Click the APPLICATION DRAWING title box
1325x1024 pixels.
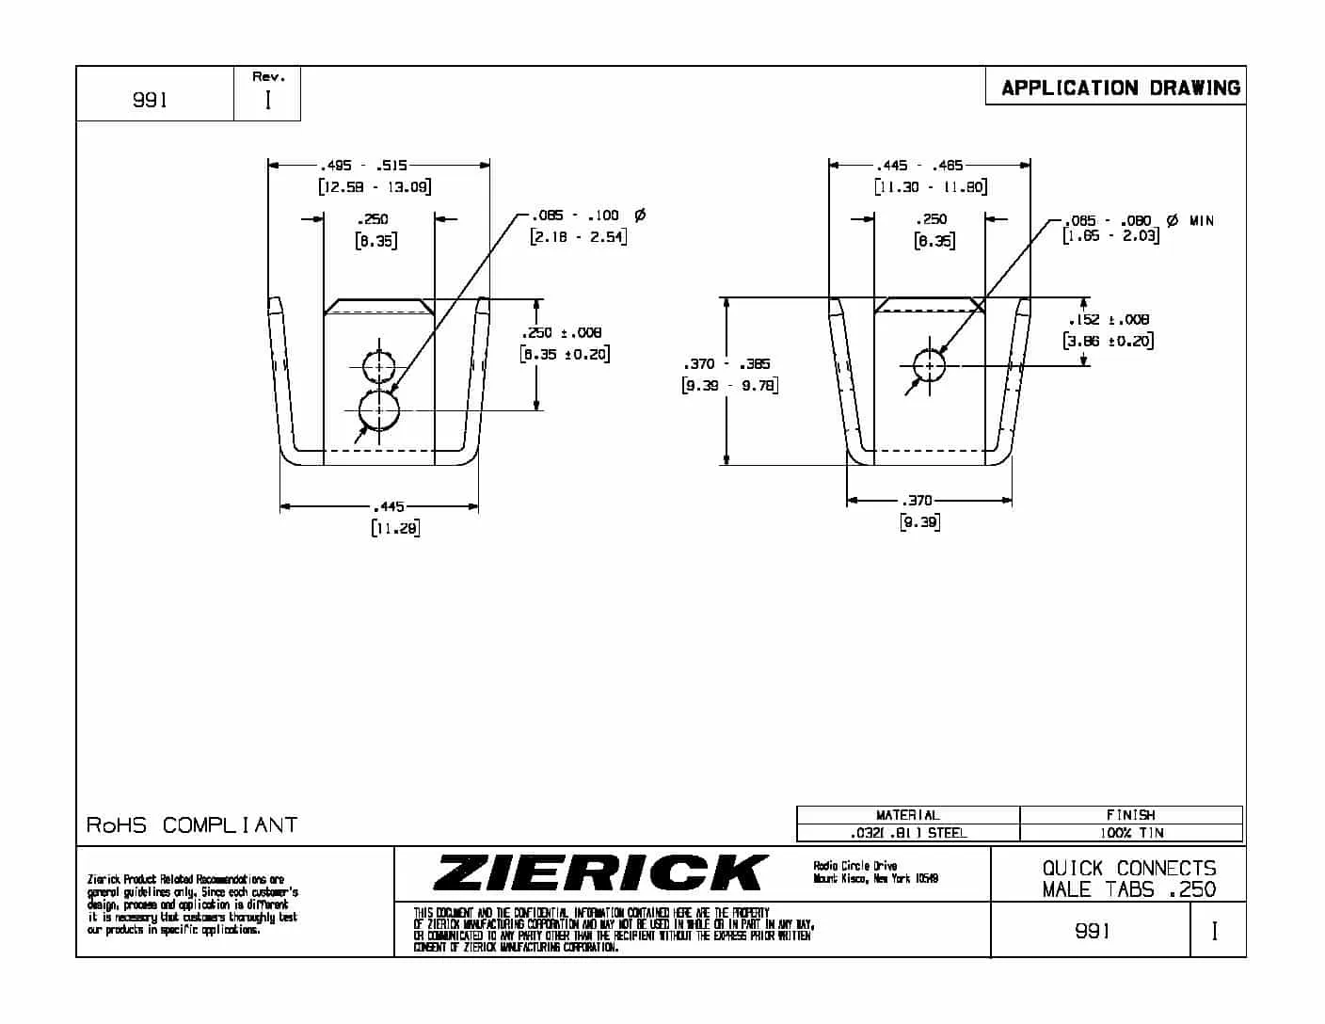point(1120,88)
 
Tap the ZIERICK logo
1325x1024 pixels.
point(600,872)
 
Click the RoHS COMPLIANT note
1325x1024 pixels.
point(192,825)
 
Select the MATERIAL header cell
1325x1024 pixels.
point(907,815)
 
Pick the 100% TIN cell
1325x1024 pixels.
point(1131,833)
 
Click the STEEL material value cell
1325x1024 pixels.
point(907,833)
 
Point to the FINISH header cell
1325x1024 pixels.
point(1131,815)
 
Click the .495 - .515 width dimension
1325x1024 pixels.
point(363,166)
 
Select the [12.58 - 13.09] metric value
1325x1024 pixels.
point(375,186)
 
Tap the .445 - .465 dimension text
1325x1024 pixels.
point(919,166)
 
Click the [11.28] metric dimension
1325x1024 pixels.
point(395,528)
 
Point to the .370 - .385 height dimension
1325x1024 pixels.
point(726,364)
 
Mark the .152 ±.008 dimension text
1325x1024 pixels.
point(1109,320)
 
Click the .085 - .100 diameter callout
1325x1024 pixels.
point(575,216)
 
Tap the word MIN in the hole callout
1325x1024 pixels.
point(1202,221)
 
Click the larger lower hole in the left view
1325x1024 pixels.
point(379,410)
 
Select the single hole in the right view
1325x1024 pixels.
point(930,364)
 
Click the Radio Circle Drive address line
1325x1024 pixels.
point(854,866)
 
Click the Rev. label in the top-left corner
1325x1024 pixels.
point(268,77)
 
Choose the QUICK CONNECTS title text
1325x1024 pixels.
point(1128,868)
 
